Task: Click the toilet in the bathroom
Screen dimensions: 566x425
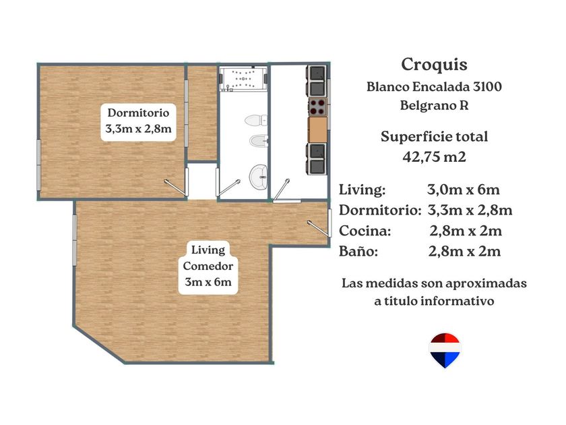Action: (256, 120)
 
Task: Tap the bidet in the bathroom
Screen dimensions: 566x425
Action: (259, 141)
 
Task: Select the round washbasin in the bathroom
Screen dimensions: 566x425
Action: (259, 177)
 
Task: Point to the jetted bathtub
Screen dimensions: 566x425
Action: (243, 78)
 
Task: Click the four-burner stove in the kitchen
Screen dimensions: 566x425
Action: (317, 107)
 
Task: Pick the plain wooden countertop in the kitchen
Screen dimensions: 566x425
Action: (317, 130)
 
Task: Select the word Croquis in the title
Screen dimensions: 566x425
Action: (434, 64)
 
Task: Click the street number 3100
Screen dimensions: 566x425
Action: (487, 87)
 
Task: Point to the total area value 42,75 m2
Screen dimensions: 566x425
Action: (434, 157)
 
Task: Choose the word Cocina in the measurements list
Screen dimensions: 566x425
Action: (365, 231)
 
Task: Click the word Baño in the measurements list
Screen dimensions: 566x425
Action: (358, 251)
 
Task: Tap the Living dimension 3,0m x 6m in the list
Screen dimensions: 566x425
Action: (464, 190)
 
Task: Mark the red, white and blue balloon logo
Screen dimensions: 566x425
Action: (445, 350)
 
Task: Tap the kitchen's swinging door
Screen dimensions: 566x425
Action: (282, 189)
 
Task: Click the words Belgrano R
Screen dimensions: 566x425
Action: (434, 105)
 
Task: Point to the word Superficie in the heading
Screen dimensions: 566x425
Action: (410, 136)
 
